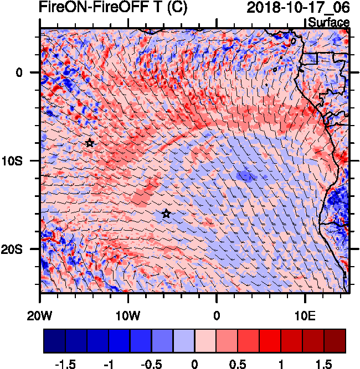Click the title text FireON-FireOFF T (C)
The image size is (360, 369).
113,8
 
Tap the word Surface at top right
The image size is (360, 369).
328,23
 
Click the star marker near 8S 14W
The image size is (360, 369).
90,143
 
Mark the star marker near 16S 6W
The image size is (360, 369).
166,214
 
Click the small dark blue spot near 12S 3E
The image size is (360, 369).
244,176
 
